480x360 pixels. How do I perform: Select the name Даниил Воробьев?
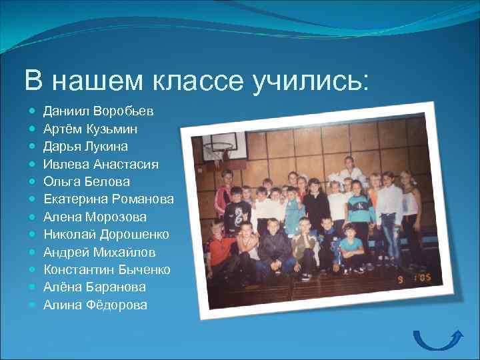pyautogui.click(x=98, y=110)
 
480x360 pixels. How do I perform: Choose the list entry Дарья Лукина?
pyautogui.click(x=86, y=145)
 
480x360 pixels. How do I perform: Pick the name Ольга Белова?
pyautogui.click(x=87, y=181)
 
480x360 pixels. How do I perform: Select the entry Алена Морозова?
pyautogui.click(x=95, y=217)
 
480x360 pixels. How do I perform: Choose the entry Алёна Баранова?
pyautogui.click(x=94, y=287)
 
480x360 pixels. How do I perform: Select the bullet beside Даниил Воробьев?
pyautogui.click(x=32, y=110)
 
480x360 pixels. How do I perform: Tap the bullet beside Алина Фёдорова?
pyautogui.click(x=32, y=305)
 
